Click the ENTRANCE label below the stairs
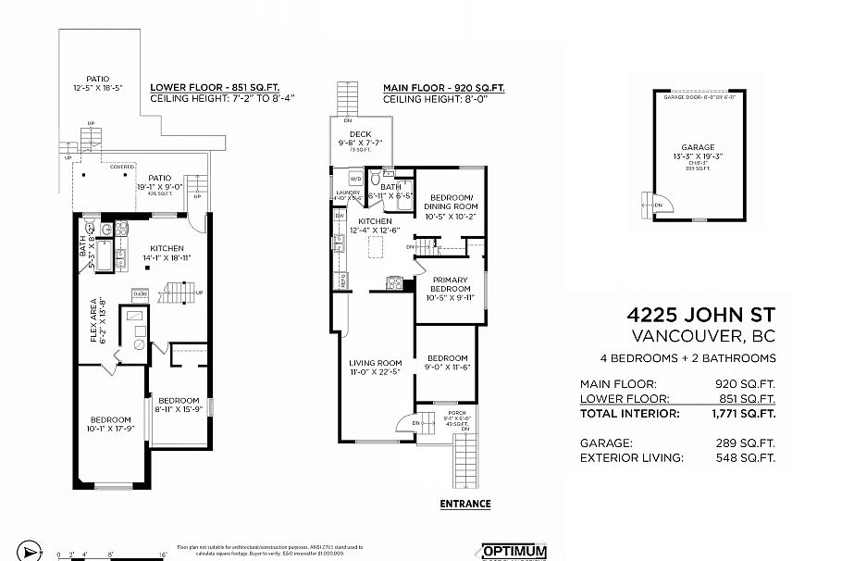click(x=465, y=505)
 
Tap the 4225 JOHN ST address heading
click(x=701, y=316)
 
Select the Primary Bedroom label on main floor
click(x=449, y=284)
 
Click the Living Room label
click(x=375, y=363)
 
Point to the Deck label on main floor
click(x=360, y=134)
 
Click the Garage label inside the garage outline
click(x=698, y=147)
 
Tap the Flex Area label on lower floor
click(x=94, y=319)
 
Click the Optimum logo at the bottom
click(x=514, y=551)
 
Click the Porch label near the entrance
click(x=456, y=413)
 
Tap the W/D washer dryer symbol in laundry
click(x=355, y=178)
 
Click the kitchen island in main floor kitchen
click(x=375, y=247)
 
